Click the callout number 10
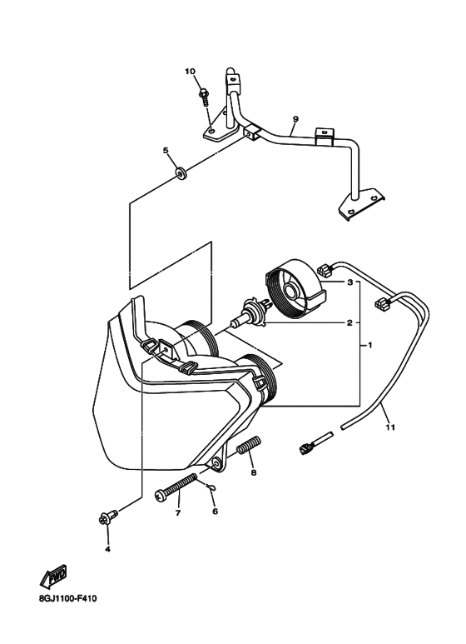[x=190, y=72]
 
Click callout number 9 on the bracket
[x=295, y=119]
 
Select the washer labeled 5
[x=181, y=173]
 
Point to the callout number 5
[x=166, y=151]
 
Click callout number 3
[x=349, y=282]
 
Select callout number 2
[x=349, y=322]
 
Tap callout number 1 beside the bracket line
[x=369, y=346]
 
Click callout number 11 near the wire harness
[x=390, y=427]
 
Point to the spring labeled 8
[x=249, y=444]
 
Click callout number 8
[x=254, y=472]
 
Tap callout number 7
[x=178, y=513]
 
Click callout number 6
[x=215, y=512]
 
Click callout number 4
[x=107, y=549]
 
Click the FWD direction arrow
[x=54, y=577]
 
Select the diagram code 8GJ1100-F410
[x=67, y=599]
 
